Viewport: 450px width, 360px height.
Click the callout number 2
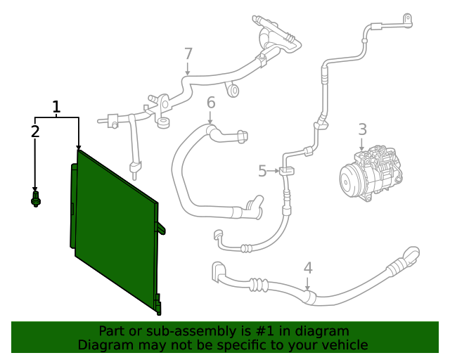35,131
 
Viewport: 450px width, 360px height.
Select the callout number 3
362,129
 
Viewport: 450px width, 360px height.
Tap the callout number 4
307,267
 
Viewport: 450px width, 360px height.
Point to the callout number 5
262,171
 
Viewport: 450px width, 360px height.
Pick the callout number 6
210,104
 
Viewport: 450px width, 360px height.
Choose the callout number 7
188,53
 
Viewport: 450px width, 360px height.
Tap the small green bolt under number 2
36,200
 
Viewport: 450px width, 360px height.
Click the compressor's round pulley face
349,180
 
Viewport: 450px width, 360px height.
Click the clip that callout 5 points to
286,171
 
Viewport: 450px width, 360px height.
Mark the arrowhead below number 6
210,122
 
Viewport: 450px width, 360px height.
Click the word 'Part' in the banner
112,331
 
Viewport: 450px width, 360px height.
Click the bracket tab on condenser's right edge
162,228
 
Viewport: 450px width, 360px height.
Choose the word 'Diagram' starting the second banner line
105,345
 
